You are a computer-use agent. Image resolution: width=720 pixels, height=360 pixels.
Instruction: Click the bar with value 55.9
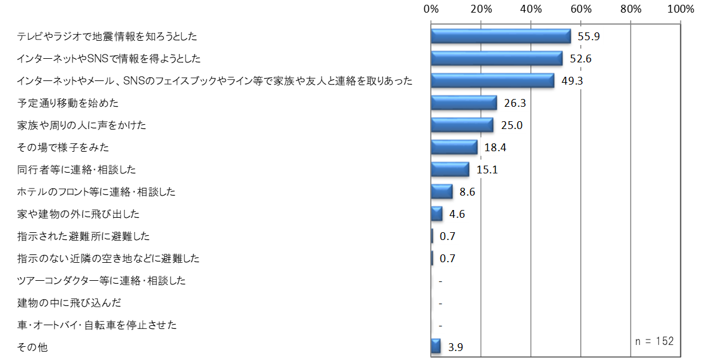click(501, 36)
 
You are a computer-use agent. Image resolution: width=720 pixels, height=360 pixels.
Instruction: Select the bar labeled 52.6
click(497, 58)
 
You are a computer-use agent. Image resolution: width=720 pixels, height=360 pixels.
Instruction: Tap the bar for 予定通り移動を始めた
click(464, 103)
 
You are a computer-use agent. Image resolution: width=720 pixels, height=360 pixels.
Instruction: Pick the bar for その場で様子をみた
click(454, 147)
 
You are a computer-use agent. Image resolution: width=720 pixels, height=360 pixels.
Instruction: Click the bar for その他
click(436, 346)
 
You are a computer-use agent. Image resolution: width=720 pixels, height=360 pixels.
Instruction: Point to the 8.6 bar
click(442, 191)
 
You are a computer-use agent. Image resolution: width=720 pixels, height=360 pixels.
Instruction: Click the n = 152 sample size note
click(654, 341)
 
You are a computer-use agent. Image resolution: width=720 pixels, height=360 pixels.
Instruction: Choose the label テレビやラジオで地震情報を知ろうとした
click(107, 37)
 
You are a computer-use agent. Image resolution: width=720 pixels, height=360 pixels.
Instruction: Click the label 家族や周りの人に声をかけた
click(82, 125)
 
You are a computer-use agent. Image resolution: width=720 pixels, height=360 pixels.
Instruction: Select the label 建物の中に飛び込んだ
click(70, 303)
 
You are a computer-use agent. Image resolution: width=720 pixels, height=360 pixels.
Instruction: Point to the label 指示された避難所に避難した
click(83, 236)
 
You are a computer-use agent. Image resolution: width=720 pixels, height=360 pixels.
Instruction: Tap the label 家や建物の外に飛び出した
click(79, 214)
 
